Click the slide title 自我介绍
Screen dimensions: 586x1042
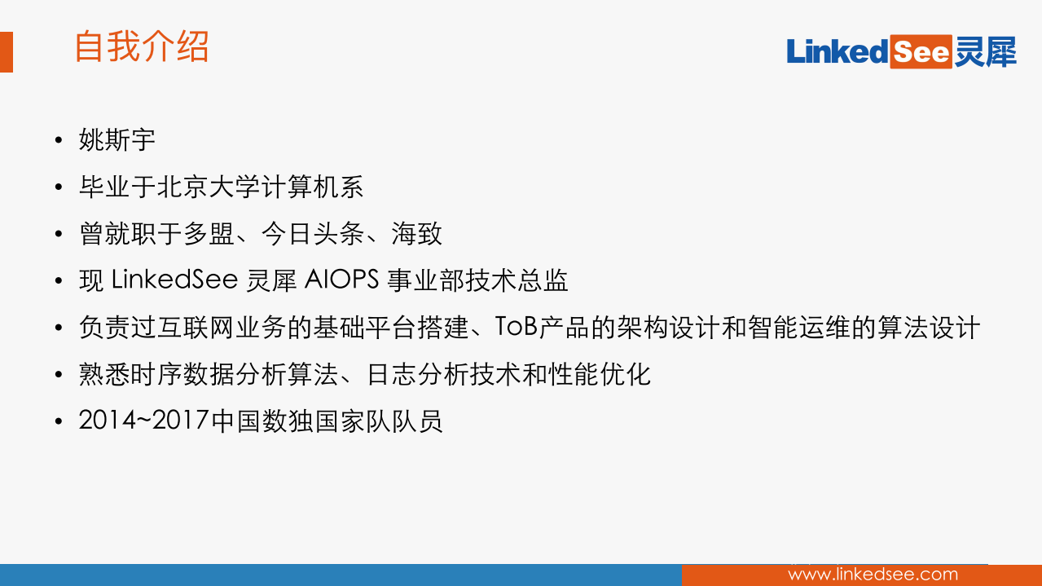click(x=141, y=47)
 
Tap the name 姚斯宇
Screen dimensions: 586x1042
click(x=117, y=140)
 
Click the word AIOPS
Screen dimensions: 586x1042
click(x=342, y=281)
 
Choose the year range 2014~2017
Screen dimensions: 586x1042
click(x=144, y=422)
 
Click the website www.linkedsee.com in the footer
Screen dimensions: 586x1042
click(x=873, y=575)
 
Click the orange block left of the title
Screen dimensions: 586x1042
click(x=6, y=52)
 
